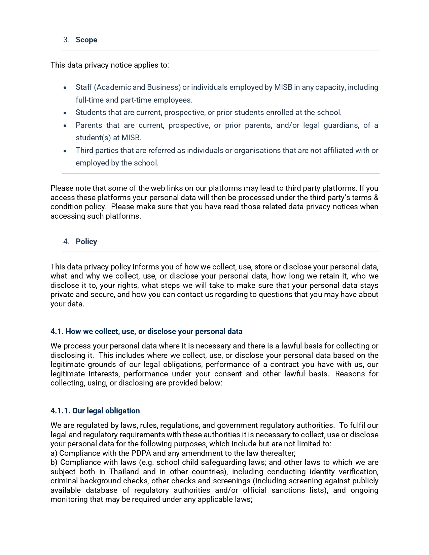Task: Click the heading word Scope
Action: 86,40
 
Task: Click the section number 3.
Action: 66,40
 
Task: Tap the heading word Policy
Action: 86,242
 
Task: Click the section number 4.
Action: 66,242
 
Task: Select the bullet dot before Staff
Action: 65,88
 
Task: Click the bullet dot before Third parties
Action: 65,151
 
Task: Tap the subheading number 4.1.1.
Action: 60,411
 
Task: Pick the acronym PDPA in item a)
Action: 141,453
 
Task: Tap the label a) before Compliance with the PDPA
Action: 54,453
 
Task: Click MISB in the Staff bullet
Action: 283,87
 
